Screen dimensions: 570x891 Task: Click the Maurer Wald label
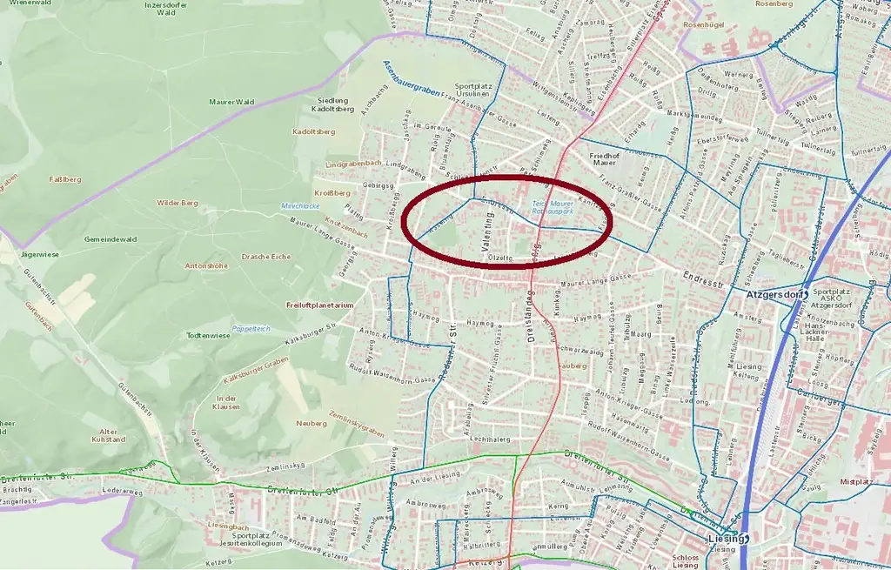[231, 102]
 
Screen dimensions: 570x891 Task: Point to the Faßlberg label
[66, 179]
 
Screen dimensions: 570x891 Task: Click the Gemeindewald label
[110, 238]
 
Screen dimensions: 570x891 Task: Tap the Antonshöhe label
[206, 265]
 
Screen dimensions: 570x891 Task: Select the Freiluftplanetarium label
[319, 305]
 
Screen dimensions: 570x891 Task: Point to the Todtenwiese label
[208, 335]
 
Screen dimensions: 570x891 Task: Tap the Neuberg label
[312, 423]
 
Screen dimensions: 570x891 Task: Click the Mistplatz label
[856, 481]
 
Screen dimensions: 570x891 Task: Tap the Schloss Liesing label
[685, 561]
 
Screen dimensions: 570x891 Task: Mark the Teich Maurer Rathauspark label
[553, 207]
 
